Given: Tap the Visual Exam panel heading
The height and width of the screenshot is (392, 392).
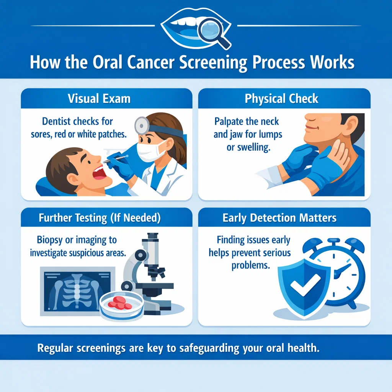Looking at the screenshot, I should pos(99,98).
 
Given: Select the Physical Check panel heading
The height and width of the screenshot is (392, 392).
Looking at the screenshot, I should pos(281,98).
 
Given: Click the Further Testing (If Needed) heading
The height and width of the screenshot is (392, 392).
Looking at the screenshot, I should pos(100,218).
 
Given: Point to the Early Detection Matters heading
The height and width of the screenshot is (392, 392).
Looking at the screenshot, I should pos(279,218).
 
